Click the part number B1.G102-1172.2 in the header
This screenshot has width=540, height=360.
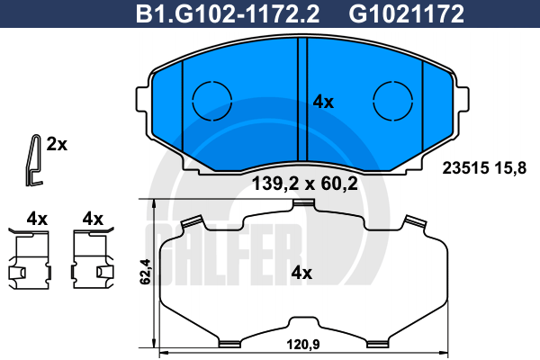(x=228, y=14)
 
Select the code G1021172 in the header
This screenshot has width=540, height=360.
(x=407, y=14)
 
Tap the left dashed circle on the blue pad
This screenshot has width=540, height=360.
(x=211, y=101)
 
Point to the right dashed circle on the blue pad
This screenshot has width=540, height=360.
(x=393, y=101)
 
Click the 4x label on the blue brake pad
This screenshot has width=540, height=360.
(x=323, y=103)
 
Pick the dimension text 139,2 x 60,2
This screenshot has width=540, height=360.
(x=305, y=184)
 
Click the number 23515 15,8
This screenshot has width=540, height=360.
(x=484, y=168)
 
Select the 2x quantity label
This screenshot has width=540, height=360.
(x=57, y=144)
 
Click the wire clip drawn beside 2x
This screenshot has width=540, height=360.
(x=34, y=160)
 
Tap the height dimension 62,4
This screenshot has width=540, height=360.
(x=145, y=272)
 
